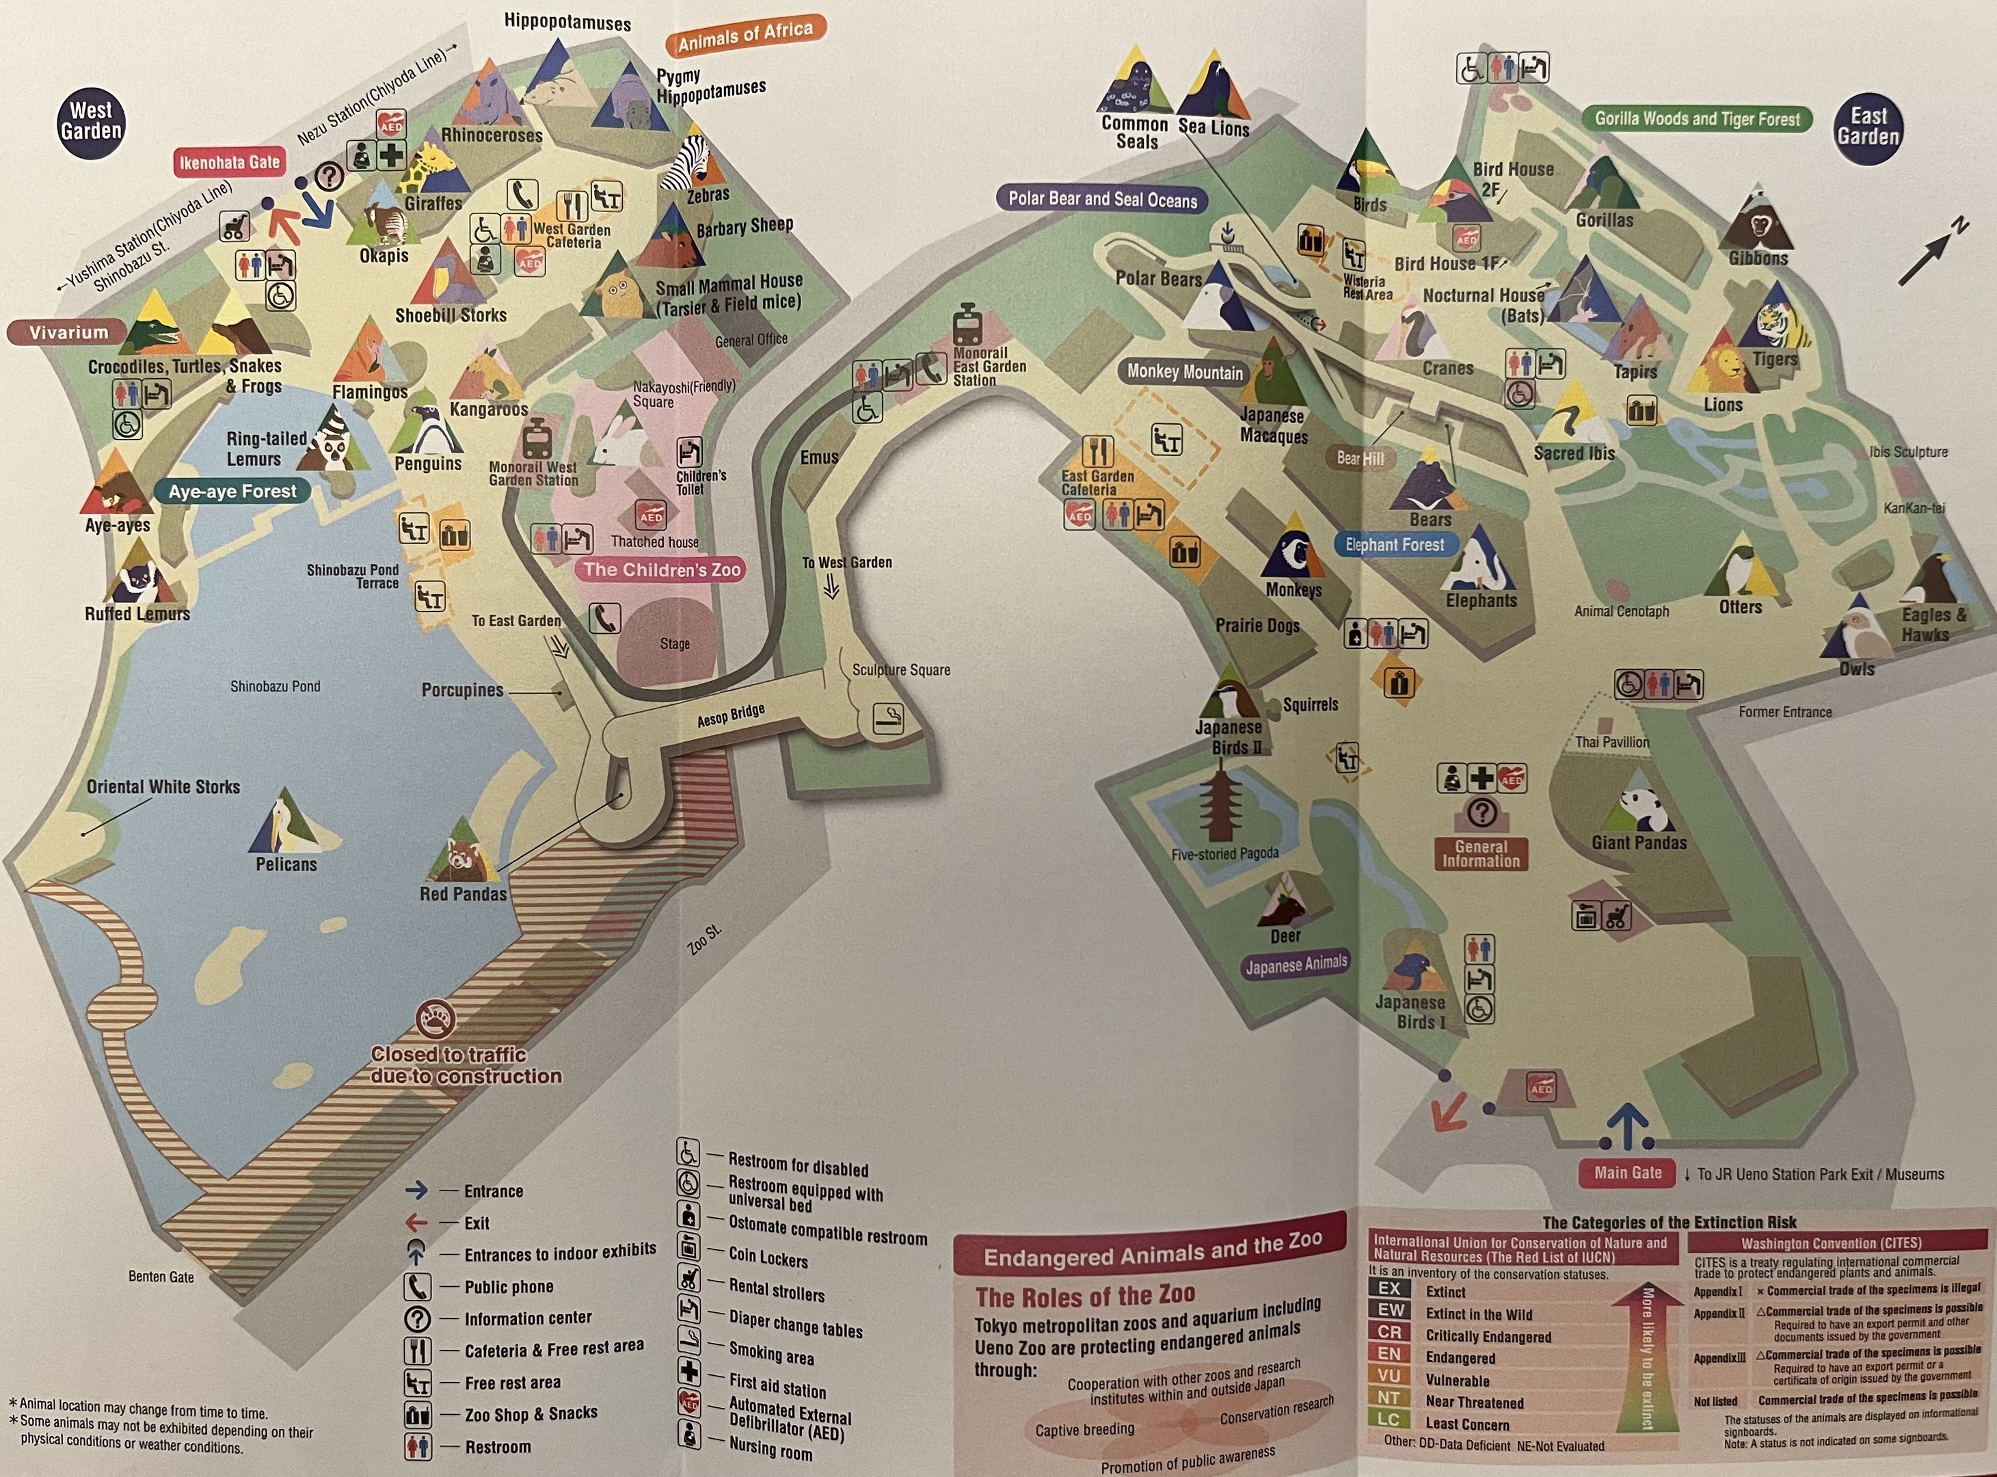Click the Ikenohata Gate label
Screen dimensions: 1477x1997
[230, 163]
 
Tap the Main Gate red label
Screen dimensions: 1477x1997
[1628, 1173]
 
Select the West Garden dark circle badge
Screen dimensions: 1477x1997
[90, 122]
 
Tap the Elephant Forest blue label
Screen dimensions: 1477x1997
[1395, 544]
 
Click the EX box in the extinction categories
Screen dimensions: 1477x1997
[1389, 1289]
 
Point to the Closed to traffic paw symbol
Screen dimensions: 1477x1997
[436, 1018]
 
